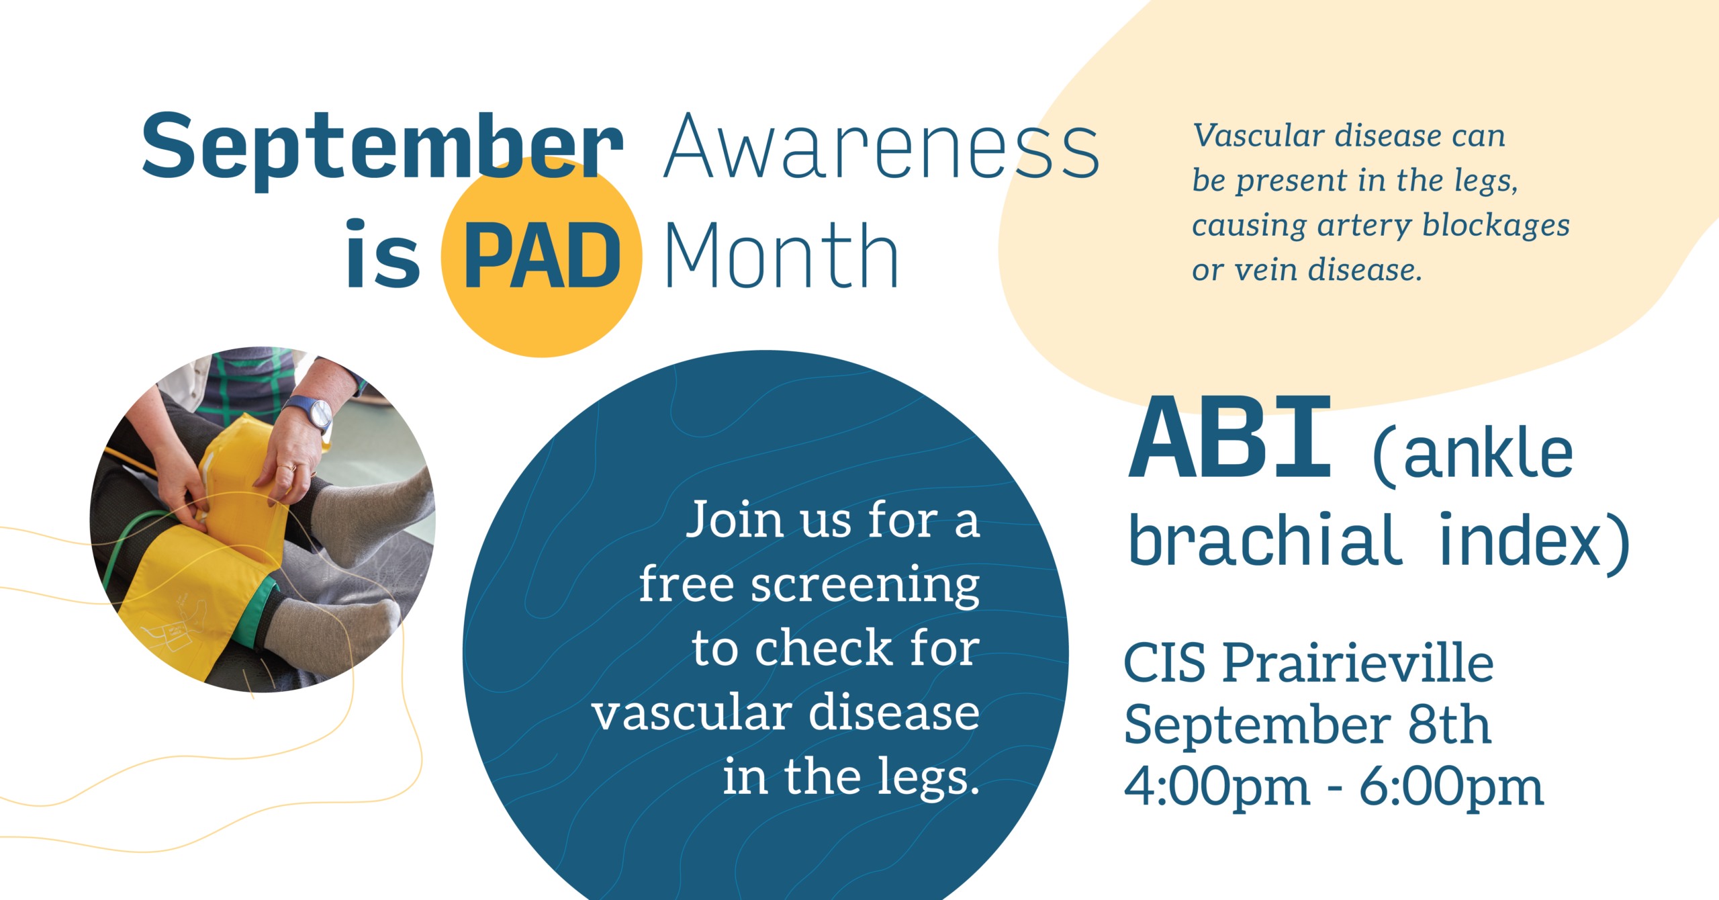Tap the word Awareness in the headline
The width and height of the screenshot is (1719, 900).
pyautogui.click(x=881, y=147)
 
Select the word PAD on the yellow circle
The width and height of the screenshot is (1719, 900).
pyautogui.click(x=542, y=256)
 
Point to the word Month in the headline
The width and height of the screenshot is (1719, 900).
pyautogui.click(x=782, y=256)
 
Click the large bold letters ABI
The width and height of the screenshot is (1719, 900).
pyautogui.click(x=1229, y=437)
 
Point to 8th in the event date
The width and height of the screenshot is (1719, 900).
pyautogui.click(x=1450, y=725)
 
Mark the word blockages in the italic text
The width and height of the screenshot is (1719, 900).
pyautogui.click(x=1496, y=225)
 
